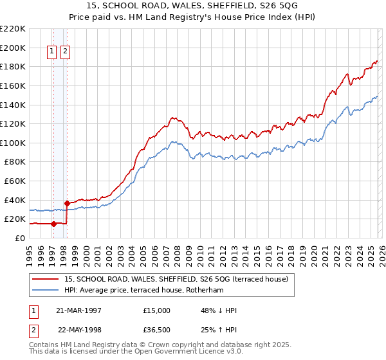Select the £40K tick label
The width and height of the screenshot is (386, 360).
point(15,200)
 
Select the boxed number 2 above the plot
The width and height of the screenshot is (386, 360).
point(66,53)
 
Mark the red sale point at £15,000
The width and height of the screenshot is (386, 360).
point(53,224)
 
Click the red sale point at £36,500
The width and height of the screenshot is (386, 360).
point(67,203)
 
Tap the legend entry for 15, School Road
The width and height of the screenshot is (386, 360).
point(179,279)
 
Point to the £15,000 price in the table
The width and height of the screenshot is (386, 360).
point(157,310)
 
